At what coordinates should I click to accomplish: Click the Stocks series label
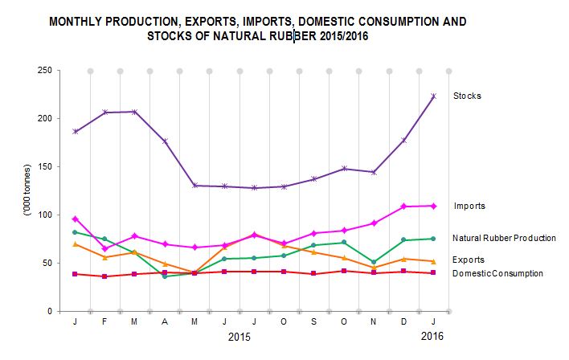[467, 96]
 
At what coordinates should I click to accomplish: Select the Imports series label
[469, 206]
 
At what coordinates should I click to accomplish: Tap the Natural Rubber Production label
[504, 238]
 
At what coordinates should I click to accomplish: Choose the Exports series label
[469, 260]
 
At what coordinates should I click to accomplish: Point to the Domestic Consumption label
[497, 273]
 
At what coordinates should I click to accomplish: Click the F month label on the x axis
[104, 321]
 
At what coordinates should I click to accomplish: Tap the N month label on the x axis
[374, 321]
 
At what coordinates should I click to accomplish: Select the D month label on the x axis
[403, 321]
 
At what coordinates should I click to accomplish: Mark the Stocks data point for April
[165, 141]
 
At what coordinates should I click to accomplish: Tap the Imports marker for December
[403, 207]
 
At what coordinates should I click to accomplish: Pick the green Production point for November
[374, 262]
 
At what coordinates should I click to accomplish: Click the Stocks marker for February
[104, 112]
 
